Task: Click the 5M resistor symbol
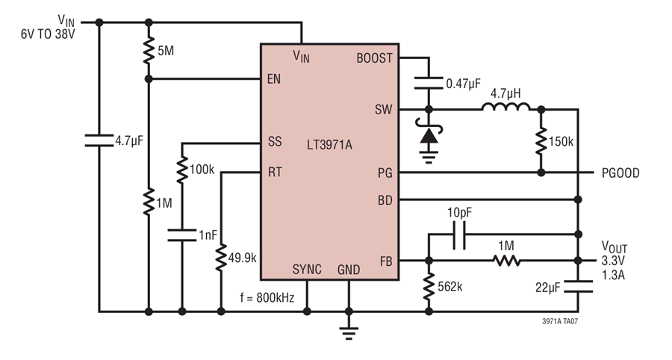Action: coord(149,51)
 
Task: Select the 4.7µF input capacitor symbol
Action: coord(99,140)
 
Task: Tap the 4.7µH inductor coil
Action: coord(506,107)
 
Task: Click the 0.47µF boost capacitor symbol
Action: coord(429,83)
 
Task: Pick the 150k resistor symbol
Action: coord(541,140)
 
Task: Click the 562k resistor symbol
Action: coord(429,286)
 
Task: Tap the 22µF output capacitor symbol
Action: coord(578,287)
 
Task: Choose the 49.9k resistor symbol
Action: coord(221,257)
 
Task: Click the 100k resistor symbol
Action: coord(182,170)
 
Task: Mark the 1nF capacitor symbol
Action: coord(182,235)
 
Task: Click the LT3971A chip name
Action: coord(329,145)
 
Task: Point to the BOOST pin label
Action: coord(374,58)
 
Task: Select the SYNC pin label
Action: coord(307,270)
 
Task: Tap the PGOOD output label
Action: coord(620,173)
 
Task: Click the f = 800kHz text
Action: coord(267,297)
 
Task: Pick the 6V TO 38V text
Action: coord(48,34)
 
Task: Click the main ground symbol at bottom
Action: coord(349,332)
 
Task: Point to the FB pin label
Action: coord(386,261)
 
